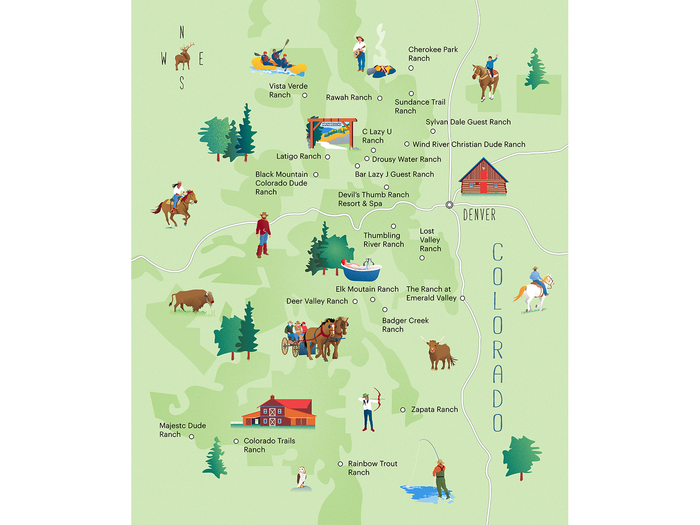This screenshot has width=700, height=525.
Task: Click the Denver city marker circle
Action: pyautogui.click(x=449, y=205)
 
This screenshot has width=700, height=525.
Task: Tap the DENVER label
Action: pyautogui.click(x=479, y=215)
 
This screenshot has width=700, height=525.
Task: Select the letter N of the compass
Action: pyautogui.click(x=182, y=32)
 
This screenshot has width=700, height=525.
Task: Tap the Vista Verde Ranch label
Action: pyautogui.click(x=288, y=91)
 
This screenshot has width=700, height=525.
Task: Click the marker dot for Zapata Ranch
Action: pyautogui.click(x=403, y=410)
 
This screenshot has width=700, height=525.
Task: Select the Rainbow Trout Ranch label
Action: pyautogui.click(x=372, y=468)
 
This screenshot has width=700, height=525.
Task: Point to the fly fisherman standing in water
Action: pyautogui.click(x=441, y=479)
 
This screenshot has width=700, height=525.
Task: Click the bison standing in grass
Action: pyautogui.click(x=192, y=301)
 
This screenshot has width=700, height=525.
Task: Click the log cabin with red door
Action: pyautogui.click(x=483, y=178)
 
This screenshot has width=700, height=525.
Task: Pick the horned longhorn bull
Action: pyautogui.click(x=439, y=353)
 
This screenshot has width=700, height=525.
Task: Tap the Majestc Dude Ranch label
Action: pyautogui.click(x=182, y=430)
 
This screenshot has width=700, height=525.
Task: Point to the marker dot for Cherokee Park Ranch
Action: pyautogui.click(x=411, y=68)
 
